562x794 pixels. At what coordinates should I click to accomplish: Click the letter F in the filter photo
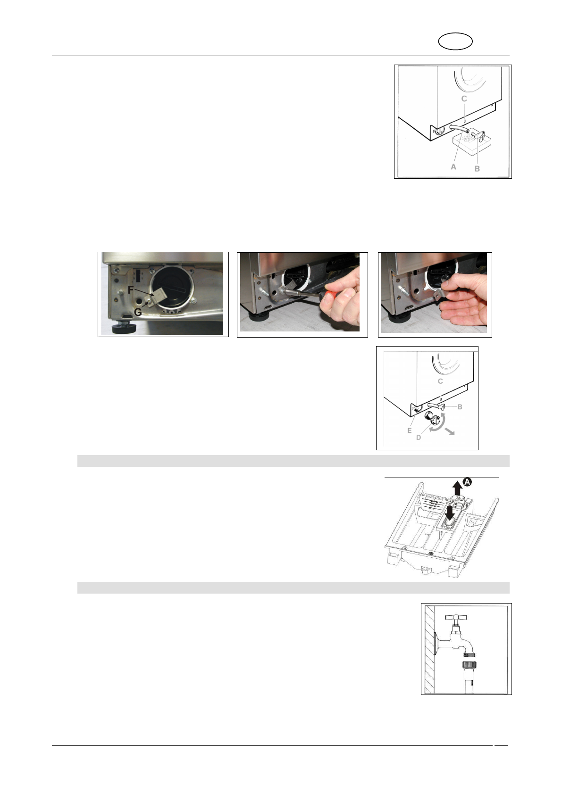[x=131, y=290]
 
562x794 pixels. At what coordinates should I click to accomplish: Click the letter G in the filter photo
[x=138, y=312]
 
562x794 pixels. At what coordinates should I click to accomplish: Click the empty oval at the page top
[x=455, y=41]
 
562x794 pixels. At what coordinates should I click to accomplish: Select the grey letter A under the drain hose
[x=453, y=166]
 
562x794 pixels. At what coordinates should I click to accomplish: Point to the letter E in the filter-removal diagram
[x=410, y=430]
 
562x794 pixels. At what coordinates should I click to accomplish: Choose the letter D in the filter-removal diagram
[x=419, y=438]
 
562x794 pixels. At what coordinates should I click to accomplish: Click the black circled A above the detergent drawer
[x=468, y=482]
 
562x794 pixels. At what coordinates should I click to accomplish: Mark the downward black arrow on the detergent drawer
[x=450, y=513]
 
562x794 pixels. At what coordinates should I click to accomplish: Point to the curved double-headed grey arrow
[x=440, y=424]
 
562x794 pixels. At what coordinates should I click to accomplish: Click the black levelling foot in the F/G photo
[x=122, y=328]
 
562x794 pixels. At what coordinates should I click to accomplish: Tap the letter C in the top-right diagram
[x=464, y=99]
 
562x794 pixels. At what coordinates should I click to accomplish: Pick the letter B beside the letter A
[x=477, y=169]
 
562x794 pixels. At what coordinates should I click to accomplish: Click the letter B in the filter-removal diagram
[x=460, y=407]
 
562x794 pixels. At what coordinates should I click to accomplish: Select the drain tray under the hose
[x=471, y=143]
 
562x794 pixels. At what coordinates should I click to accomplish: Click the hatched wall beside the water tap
[x=430, y=649]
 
